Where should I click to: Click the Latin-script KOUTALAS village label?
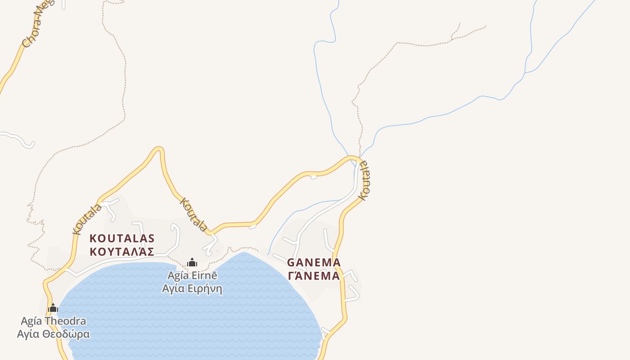[x=122, y=238]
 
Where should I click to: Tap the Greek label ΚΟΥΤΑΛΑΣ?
[x=122, y=251]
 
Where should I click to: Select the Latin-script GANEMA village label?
[x=314, y=262]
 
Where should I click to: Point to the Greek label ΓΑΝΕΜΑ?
[x=314, y=275]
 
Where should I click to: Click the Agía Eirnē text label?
[x=192, y=275]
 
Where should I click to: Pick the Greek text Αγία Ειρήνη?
[x=192, y=288]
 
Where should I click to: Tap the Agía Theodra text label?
[x=53, y=321]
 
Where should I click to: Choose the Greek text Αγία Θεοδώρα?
[x=53, y=334]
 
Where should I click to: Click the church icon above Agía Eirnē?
[x=192, y=262]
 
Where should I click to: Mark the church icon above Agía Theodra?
[x=53, y=308]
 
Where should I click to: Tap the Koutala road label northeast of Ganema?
[x=364, y=180]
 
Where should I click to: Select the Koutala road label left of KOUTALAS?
[x=87, y=219]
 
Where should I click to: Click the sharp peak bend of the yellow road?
[x=157, y=148]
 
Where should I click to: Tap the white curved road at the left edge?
[x=18, y=139]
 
